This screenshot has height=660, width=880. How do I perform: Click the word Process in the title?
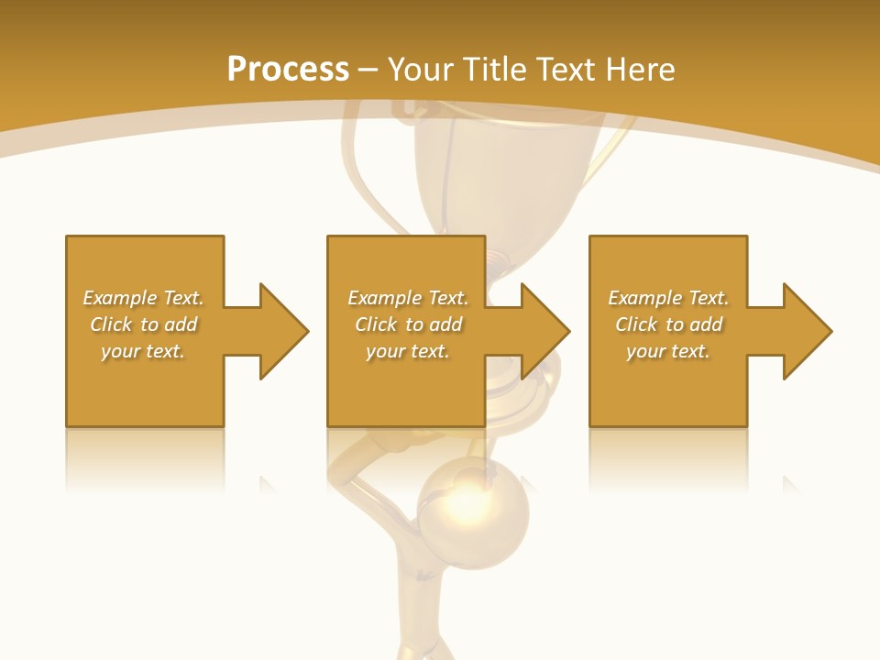tap(288, 70)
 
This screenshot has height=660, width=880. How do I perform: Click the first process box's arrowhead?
tap(284, 331)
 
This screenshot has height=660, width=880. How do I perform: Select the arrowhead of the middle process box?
tap(545, 331)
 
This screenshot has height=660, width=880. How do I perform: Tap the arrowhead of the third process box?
tap(808, 331)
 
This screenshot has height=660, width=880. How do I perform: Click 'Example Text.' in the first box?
tap(143, 298)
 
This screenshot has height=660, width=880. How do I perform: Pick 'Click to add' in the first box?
tap(143, 324)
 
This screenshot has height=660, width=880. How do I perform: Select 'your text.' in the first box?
tap(143, 351)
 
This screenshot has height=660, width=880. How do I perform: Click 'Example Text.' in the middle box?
tap(407, 298)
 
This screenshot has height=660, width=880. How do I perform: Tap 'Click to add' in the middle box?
tap(407, 324)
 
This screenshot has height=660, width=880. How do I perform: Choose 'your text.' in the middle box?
tap(407, 351)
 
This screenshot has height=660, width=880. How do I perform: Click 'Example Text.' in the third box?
tap(668, 298)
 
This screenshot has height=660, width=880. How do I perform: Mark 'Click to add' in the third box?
tap(668, 324)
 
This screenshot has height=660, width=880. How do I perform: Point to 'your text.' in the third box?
tap(668, 351)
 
